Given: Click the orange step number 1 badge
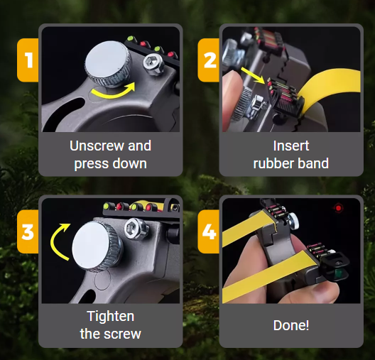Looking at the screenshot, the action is (28, 60).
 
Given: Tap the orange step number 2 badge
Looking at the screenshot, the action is (209, 60).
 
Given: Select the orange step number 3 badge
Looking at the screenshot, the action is (28, 231).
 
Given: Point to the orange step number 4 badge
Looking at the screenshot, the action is (209, 231).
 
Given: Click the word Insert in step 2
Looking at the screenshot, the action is (291, 146).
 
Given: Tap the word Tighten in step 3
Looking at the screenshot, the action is (111, 317).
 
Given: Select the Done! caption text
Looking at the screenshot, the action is (291, 325).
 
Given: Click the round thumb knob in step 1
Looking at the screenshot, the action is (109, 63).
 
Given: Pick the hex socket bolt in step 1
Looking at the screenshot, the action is (153, 64).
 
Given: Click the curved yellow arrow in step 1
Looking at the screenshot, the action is (113, 92).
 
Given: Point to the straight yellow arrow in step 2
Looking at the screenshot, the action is (253, 75).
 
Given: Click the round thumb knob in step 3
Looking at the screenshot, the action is (97, 246).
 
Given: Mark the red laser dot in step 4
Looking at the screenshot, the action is (338, 208).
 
